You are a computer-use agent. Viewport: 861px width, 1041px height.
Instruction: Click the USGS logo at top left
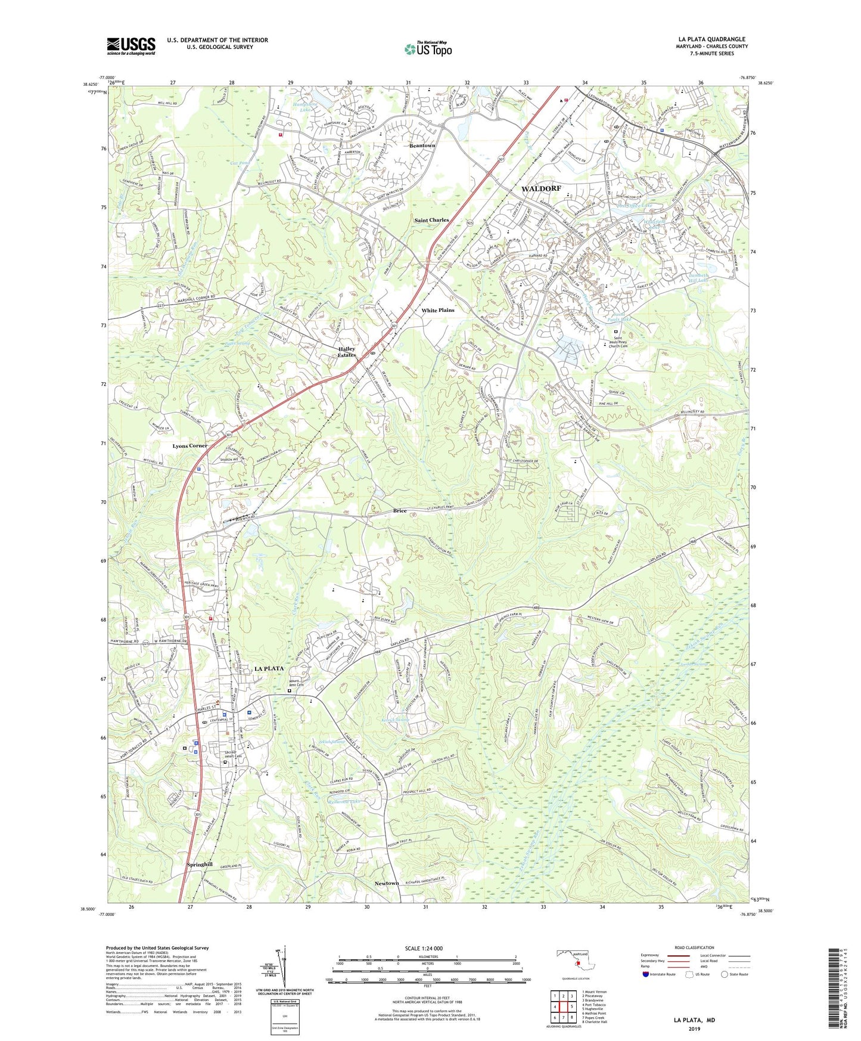coord(131,46)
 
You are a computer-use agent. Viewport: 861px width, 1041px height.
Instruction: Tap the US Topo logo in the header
coord(427,48)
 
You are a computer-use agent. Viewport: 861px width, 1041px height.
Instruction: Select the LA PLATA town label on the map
coord(269,668)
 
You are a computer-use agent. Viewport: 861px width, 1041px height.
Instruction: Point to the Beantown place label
coord(422,145)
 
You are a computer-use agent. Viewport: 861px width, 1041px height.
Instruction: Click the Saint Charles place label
coord(431,220)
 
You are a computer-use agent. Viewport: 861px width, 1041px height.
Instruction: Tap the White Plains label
coord(438,310)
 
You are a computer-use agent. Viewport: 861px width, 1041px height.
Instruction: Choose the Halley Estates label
coord(346,352)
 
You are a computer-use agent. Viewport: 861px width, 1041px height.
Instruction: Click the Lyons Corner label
coord(190,445)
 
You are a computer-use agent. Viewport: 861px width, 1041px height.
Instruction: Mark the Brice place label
coord(399,510)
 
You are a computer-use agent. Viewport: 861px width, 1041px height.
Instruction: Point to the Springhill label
coord(200,864)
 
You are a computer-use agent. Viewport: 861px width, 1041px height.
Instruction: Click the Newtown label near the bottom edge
coord(387,883)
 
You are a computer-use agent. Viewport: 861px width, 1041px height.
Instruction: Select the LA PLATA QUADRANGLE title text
coord(711,39)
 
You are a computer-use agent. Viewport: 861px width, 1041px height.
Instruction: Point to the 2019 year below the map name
coord(694,1028)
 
